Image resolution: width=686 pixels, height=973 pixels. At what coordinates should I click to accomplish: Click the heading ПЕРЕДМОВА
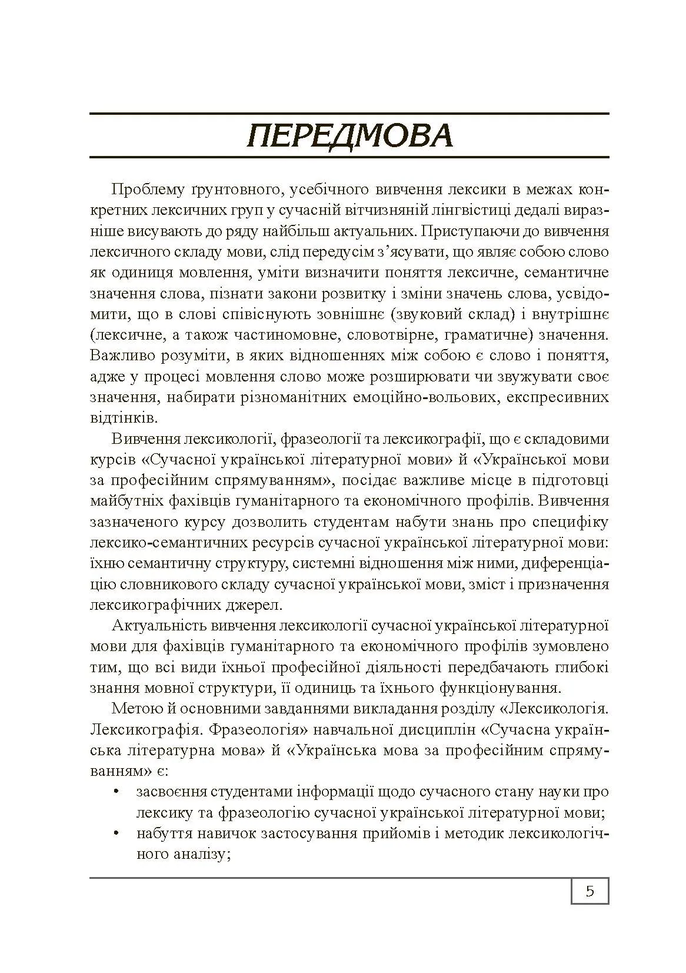[349, 136]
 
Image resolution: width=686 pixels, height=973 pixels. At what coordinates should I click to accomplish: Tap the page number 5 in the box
[590, 891]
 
